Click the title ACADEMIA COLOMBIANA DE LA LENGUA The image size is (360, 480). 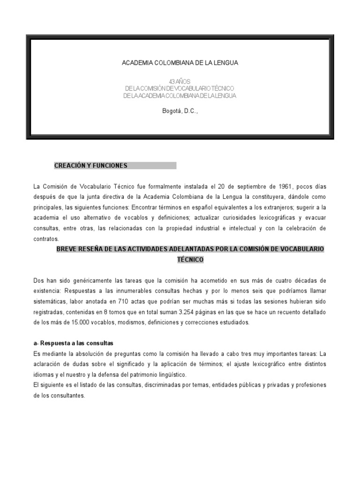[x=180, y=63]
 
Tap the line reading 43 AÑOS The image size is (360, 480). [x=180, y=82]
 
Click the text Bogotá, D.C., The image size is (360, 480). [x=180, y=111]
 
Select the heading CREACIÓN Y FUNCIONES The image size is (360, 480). [x=91, y=165]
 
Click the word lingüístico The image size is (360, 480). [x=168, y=375]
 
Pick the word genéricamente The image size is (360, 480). [x=90, y=280]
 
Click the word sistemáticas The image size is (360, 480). [x=51, y=301]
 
